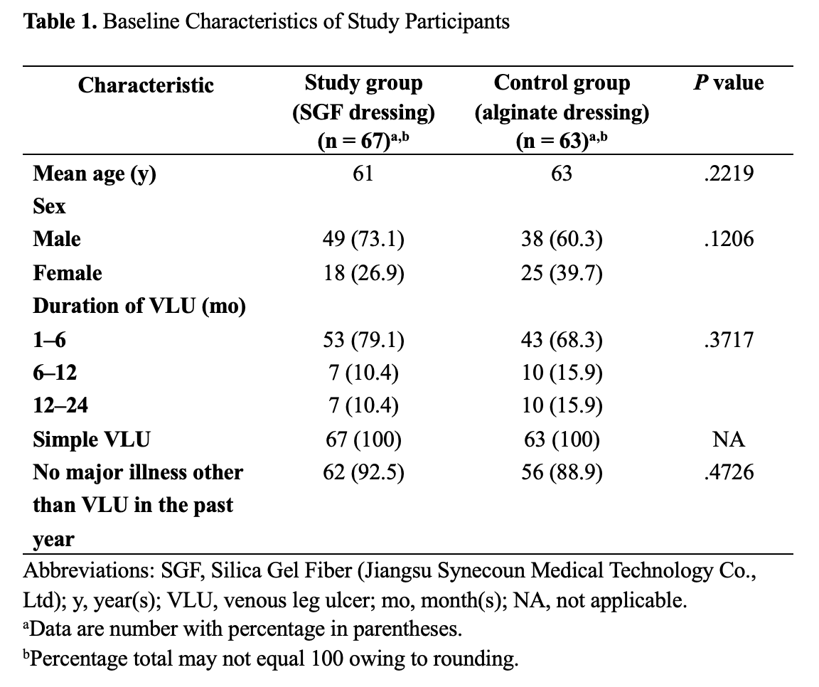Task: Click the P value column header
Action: click(729, 83)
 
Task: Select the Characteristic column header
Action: click(146, 85)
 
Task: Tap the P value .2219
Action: click(729, 173)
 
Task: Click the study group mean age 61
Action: click(363, 173)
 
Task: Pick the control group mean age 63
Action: click(562, 173)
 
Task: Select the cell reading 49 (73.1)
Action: click(363, 239)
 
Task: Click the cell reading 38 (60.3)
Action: click(562, 239)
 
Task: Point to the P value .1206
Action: click(729, 239)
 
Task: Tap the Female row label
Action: click(68, 273)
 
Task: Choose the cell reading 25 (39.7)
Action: click(562, 273)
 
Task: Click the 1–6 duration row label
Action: click(50, 340)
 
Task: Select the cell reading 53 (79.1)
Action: click(363, 340)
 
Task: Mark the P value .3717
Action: click(729, 340)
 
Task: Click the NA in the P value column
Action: click(729, 440)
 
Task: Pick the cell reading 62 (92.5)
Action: click(363, 472)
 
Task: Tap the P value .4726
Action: click(729, 472)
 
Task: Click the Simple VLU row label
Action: click(92, 440)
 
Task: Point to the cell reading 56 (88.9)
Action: click(562, 472)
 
